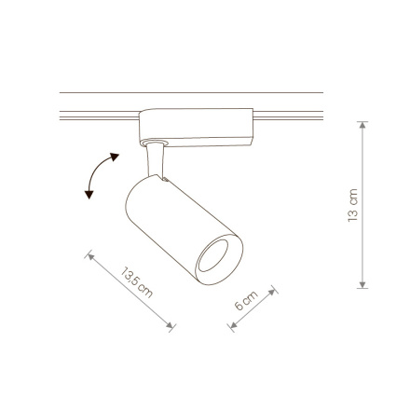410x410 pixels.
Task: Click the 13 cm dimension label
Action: click(353, 205)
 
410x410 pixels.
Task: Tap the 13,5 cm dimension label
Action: click(137, 282)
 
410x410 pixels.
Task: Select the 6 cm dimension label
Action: click(246, 300)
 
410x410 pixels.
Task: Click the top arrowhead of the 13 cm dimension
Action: click(362, 125)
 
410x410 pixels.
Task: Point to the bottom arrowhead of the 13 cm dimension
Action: click(362, 285)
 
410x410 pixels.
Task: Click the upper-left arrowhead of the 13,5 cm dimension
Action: click(90, 256)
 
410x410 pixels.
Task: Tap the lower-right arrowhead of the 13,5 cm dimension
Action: click(170, 325)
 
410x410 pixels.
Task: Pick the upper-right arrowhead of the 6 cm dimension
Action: click(272, 293)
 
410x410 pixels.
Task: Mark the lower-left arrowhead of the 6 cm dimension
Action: click(233, 325)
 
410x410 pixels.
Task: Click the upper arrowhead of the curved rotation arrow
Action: click(115, 157)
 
